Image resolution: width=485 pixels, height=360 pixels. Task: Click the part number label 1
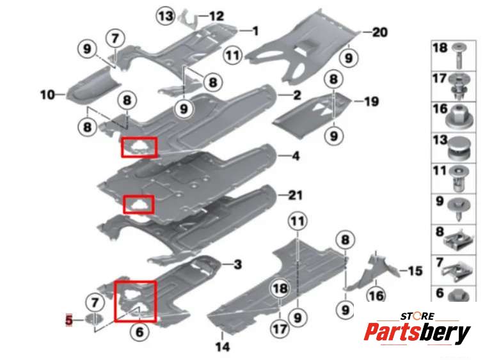pyautogui.click(x=255, y=30)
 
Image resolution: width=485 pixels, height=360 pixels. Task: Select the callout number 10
pyautogui.click(x=47, y=95)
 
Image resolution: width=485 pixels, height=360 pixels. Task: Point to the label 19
pyautogui.click(x=372, y=100)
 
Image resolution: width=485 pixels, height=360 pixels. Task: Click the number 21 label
pyautogui.click(x=295, y=195)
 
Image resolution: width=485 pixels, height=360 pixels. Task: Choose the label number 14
pyautogui.click(x=221, y=347)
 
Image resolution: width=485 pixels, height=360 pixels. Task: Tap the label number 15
pyautogui.click(x=415, y=271)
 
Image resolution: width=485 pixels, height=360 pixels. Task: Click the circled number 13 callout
pyautogui.click(x=166, y=15)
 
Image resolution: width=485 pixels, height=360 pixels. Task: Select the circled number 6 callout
pyautogui.click(x=139, y=331)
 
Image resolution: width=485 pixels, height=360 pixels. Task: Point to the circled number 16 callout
pyautogui.click(x=376, y=295)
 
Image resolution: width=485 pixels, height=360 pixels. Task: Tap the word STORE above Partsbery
pyautogui.click(x=418, y=316)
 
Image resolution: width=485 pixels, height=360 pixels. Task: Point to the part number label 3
pyautogui.click(x=237, y=264)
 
